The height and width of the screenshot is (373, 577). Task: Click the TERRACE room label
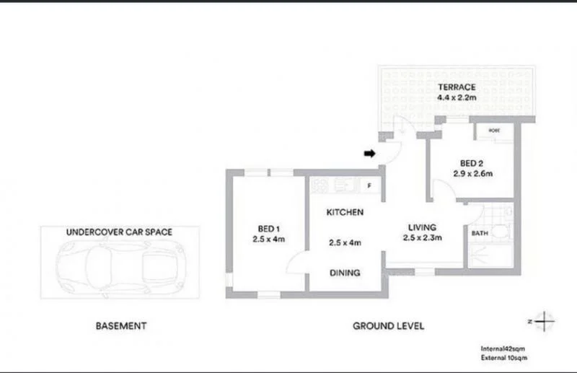click(456, 87)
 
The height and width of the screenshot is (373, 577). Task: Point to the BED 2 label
click(472, 162)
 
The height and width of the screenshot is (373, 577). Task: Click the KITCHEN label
click(344, 213)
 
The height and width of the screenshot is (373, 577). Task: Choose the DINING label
click(344, 273)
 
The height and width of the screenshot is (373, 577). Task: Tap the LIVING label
click(421, 226)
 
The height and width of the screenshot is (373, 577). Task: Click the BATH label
click(479, 234)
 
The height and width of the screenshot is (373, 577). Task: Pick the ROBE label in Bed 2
click(494, 131)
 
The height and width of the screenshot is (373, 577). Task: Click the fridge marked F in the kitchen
click(369, 185)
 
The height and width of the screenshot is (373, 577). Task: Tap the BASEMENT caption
click(121, 326)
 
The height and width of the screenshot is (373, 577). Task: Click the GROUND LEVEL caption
click(388, 326)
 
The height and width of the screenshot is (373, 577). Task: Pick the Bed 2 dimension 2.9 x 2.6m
click(472, 173)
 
